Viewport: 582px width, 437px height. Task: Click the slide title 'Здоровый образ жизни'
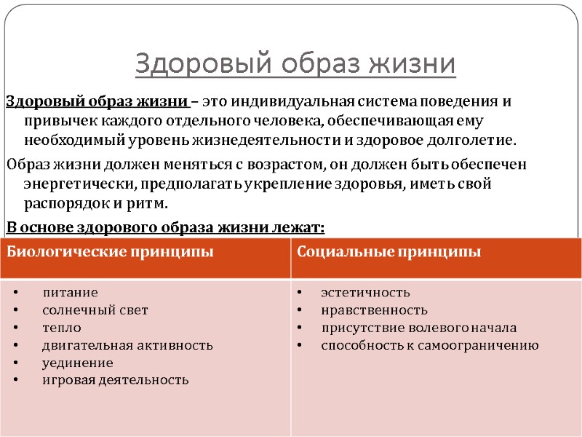[295, 64]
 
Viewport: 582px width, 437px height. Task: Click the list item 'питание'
[70, 293]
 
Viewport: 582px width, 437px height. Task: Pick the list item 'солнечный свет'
[95, 310]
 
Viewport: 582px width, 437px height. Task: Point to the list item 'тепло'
[62, 328]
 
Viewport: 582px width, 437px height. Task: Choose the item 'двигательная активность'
[127, 345]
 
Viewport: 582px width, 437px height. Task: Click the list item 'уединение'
[78, 363]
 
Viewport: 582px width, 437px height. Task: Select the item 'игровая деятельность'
[116, 379]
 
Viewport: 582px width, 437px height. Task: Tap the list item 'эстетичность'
[365, 293]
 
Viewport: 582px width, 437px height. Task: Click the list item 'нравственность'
[375, 310]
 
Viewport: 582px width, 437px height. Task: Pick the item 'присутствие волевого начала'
[418, 328]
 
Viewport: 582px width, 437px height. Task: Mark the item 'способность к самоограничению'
[430, 345]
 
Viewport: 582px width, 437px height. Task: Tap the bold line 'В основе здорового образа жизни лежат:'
[165, 227]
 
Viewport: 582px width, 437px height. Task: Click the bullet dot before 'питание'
[17, 294]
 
